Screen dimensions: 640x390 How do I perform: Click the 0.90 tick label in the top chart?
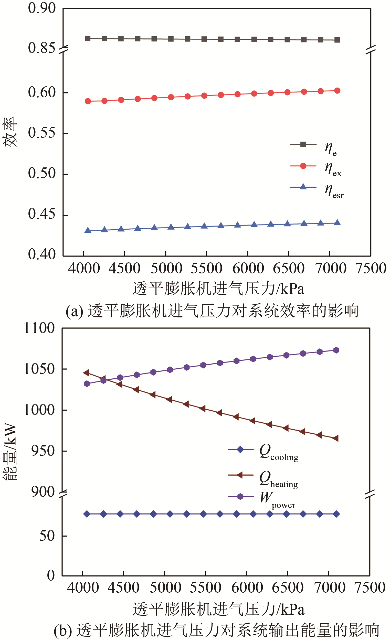coord(41,8)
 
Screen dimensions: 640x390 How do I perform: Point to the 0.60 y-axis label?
coord(41,92)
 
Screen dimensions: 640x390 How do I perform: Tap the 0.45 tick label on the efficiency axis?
coord(41,214)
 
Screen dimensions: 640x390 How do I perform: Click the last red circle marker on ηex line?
coord(337,91)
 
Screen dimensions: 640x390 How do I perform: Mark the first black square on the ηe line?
coord(88,38)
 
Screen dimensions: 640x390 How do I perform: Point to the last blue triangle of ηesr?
coord(337,222)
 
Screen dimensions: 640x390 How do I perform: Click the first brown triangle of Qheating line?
coord(86,373)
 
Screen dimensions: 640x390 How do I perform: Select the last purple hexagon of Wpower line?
coord(336,350)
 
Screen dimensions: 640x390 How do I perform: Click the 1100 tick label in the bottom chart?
coord(39,328)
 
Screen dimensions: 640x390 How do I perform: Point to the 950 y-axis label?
coord(43,451)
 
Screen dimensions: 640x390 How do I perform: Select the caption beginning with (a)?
coord(212,310)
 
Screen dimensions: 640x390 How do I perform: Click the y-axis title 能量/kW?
coord(10,452)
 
